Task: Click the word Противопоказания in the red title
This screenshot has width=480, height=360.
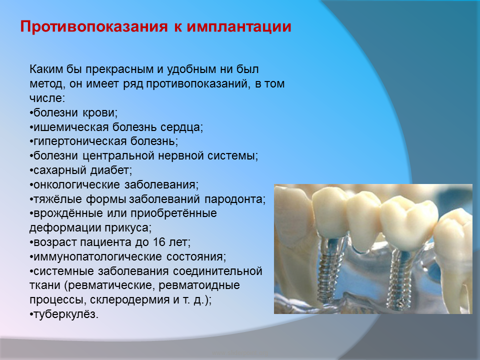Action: coord(94,26)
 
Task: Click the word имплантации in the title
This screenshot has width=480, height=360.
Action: coord(239,26)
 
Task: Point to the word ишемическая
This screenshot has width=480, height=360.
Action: coord(71,127)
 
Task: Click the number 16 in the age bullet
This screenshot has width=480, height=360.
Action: coord(159,242)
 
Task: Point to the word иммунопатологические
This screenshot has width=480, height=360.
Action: coord(97,256)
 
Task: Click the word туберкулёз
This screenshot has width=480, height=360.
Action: coord(66,314)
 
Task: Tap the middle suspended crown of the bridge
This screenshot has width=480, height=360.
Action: coord(363,220)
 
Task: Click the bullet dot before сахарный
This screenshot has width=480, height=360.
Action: coord(31,171)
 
